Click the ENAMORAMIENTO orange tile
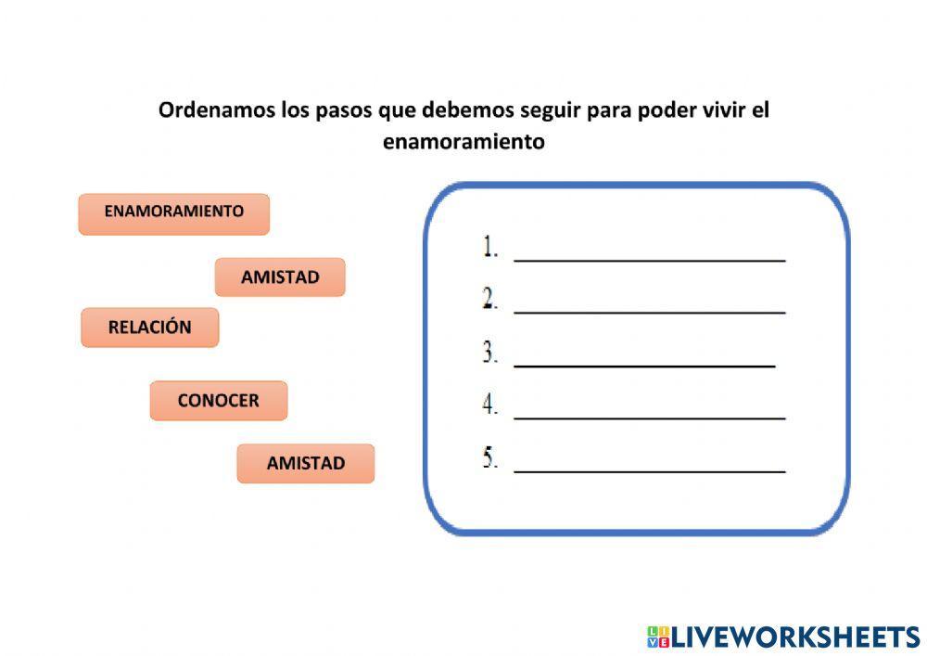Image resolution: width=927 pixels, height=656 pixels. click(x=174, y=214)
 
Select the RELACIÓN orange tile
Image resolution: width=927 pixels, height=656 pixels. click(x=149, y=328)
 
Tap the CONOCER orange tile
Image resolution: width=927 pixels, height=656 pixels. click(x=219, y=401)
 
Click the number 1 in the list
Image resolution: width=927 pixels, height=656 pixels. click(x=490, y=247)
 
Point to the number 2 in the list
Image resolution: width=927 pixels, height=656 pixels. click(x=490, y=299)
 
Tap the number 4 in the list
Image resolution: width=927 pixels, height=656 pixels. click(x=490, y=405)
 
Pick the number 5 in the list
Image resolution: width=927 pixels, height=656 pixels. click(x=490, y=457)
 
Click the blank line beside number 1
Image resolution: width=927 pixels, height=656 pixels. click(x=650, y=261)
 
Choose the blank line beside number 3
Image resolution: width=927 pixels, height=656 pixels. click(x=644, y=367)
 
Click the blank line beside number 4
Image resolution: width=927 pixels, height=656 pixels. click(x=650, y=418)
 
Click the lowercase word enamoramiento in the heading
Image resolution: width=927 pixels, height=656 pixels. click(x=463, y=142)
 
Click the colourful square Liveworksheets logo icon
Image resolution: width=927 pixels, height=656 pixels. click(x=658, y=637)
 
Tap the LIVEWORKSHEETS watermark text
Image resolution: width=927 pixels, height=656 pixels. click(x=795, y=637)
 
